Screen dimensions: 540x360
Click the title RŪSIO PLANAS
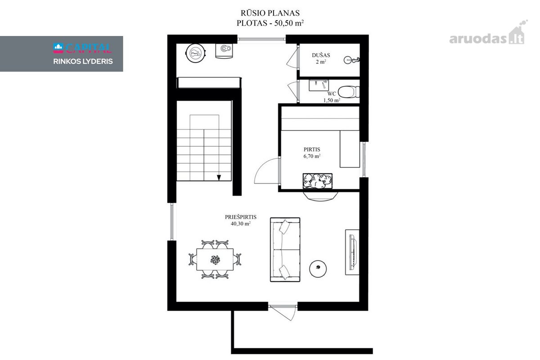coord(270,13)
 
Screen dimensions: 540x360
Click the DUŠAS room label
coord(321,55)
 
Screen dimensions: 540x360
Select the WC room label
coord(332,94)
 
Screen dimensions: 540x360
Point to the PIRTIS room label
coord(312,149)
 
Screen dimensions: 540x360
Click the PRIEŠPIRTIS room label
coord(241,217)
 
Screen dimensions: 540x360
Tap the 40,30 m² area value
coord(241,224)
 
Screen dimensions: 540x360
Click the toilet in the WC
coord(349,92)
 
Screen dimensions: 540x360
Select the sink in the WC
coord(319,85)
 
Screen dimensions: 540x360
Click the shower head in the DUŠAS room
coord(351,60)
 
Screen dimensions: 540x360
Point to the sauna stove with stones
coord(318,181)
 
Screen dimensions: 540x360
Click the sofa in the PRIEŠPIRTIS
coord(285,250)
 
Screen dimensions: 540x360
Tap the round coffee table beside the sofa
coord(318,269)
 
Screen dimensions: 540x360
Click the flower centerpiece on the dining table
coord(215,260)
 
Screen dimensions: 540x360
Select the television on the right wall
coord(354,252)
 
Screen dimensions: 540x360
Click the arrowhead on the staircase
coord(219,178)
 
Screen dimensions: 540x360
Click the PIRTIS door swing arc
coord(261,166)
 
